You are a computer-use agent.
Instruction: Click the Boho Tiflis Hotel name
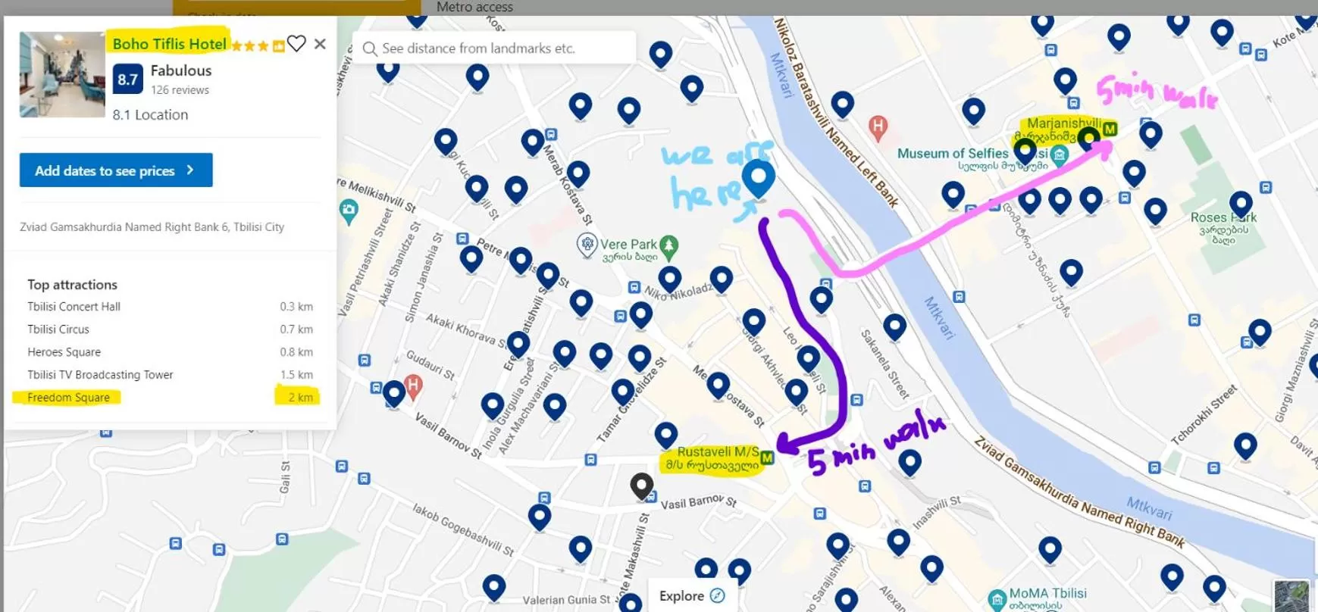169,44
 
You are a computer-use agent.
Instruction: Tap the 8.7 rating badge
127,79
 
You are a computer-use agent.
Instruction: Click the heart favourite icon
296,44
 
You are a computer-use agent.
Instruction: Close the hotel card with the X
320,44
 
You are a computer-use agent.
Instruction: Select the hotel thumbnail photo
62,74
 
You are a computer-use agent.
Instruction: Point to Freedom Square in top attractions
68,398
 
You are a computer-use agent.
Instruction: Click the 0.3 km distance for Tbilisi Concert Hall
296,307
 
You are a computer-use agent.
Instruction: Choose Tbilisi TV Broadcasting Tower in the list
100,375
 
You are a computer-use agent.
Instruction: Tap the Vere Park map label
628,245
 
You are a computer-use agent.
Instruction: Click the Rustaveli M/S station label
717,452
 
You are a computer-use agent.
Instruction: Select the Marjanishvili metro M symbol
1110,129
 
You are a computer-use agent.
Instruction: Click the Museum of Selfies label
952,154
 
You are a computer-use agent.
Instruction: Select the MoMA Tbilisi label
1047,594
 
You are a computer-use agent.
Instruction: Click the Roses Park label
1223,218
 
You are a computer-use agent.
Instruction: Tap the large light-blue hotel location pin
758,177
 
